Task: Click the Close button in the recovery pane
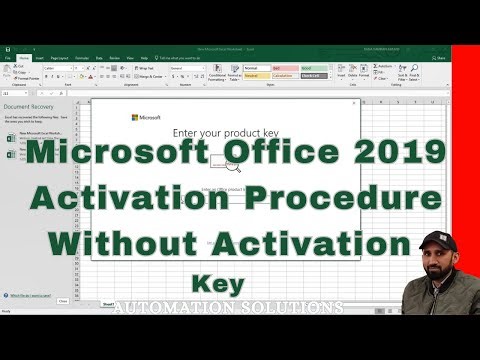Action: (x=62, y=300)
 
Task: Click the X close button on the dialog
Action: (x=353, y=102)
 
